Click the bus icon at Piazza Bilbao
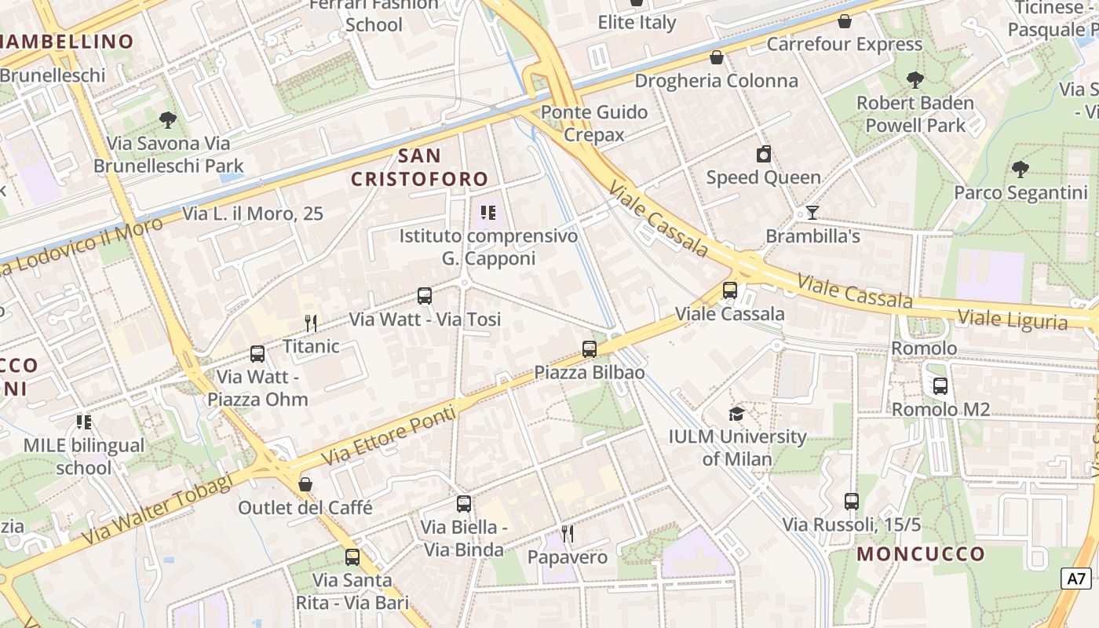tap(590, 349)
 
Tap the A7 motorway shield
tap(1076, 579)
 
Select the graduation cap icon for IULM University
tap(736, 414)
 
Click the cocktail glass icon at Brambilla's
tap(812, 213)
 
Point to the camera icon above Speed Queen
tap(763, 154)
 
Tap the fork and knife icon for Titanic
tap(311, 323)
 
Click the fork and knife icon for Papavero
tap(568, 534)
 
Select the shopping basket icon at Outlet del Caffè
tap(305, 484)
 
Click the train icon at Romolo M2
tap(940, 386)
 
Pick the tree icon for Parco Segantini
tap(1020, 169)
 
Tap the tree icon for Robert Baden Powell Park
tap(915, 79)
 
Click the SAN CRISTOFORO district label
tap(420, 167)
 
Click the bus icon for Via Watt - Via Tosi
tap(425, 296)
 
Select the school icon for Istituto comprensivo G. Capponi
tap(488, 213)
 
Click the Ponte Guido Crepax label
tap(594, 123)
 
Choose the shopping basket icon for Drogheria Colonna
tap(716, 57)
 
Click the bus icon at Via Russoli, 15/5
tap(852, 501)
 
